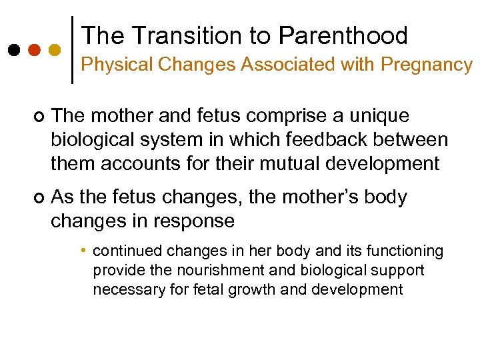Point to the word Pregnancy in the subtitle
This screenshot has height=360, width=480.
pyautogui.click(x=427, y=65)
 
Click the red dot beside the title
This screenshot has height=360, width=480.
pyautogui.click(x=33, y=50)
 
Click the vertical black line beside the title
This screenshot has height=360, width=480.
pyautogui.click(x=72, y=50)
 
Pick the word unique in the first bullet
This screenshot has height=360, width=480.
pyautogui.click(x=383, y=116)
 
